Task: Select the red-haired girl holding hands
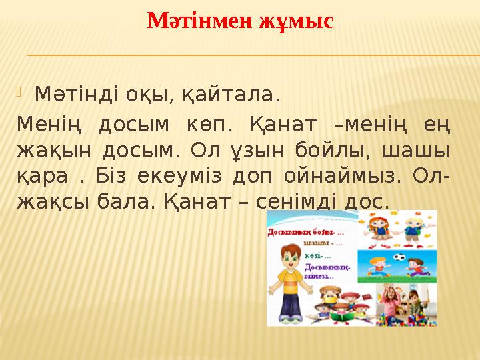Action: [382, 227]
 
